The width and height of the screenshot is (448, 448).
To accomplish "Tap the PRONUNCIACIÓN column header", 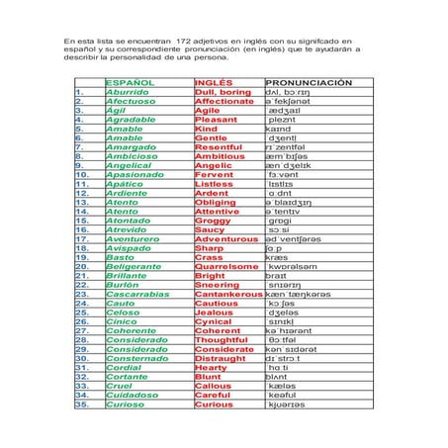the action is (309, 83).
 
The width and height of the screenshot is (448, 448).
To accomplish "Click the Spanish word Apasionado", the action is (134, 173).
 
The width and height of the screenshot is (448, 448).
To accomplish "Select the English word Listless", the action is (215, 183).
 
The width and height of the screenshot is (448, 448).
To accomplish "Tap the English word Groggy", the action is (214, 220).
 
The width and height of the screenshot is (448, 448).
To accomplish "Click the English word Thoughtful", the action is (222, 339).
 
